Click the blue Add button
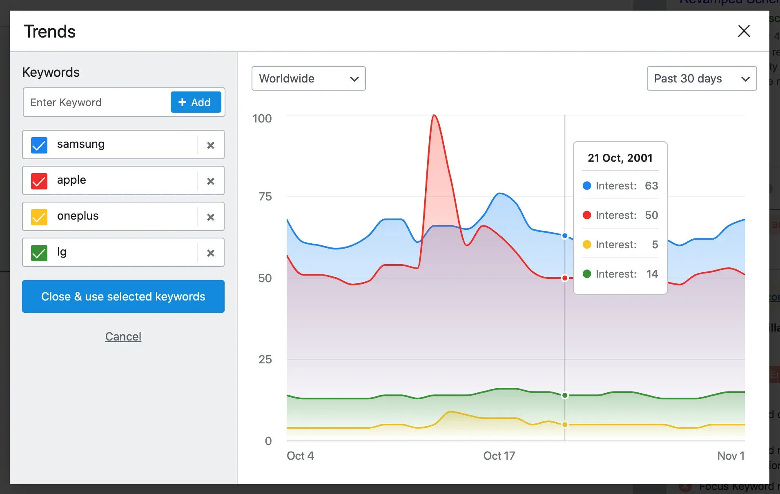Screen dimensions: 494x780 [196, 102]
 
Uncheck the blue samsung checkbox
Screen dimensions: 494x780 [39, 145]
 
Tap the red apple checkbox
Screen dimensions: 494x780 [39, 181]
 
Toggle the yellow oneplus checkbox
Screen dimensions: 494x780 [39, 217]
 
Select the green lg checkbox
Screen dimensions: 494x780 [39, 253]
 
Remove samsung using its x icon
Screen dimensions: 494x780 [211, 145]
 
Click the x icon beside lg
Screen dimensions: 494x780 [211, 253]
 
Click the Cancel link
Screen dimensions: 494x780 [123, 336]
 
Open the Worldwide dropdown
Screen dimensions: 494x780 [308, 78]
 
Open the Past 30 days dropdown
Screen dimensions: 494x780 [701, 78]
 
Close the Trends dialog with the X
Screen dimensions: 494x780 [744, 31]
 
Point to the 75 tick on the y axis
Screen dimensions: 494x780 [265, 197]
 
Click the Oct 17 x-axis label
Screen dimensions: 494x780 [499, 456]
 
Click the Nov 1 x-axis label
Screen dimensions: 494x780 [731, 456]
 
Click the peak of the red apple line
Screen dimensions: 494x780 [434, 116]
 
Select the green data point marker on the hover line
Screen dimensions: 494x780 [565, 395]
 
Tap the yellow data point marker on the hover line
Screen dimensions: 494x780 [565, 425]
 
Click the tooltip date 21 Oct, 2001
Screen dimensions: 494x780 [620, 158]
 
